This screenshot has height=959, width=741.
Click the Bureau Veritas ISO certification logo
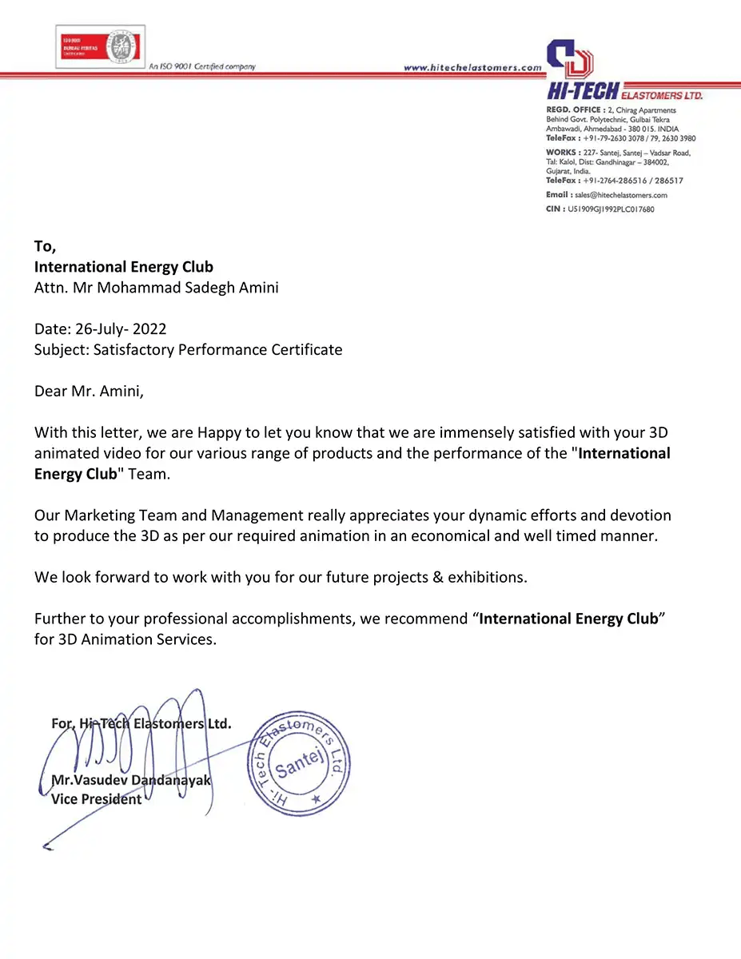(100, 46)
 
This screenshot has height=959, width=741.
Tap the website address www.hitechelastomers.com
(472, 68)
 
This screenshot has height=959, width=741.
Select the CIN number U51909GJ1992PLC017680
(611, 209)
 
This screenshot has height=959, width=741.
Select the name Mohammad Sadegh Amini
(189, 288)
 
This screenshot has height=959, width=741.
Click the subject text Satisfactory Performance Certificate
(217, 349)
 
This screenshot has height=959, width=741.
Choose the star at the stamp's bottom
(316, 799)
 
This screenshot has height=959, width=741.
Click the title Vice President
(96, 798)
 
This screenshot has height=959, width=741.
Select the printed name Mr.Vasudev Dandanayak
(131, 780)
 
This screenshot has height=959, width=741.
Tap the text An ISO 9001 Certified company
(201, 66)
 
